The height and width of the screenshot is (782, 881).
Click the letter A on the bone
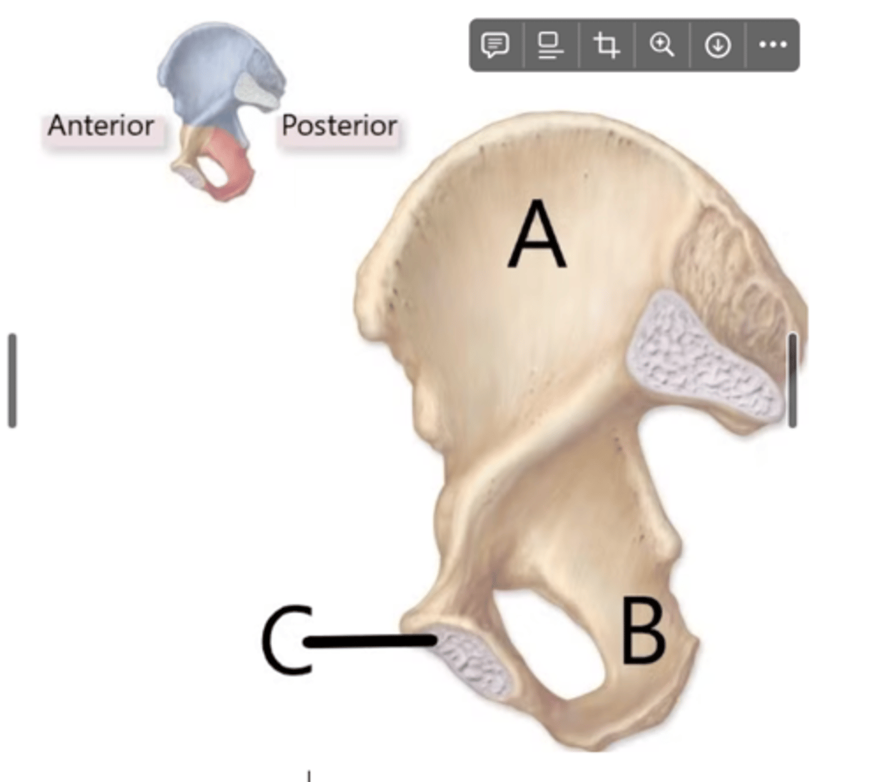pyautogui.click(x=537, y=235)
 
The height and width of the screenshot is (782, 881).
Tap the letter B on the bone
pyautogui.click(x=643, y=631)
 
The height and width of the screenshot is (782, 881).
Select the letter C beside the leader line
pyautogui.click(x=286, y=640)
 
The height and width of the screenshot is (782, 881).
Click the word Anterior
pyautogui.click(x=101, y=126)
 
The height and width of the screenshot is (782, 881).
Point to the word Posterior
pyautogui.click(x=339, y=126)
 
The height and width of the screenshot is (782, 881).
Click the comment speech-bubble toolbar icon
pyautogui.click(x=495, y=45)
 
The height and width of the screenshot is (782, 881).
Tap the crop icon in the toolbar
pyautogui.click(x=606, y=45)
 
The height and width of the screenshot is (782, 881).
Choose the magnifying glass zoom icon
pyautogui.click(x=662, y=45)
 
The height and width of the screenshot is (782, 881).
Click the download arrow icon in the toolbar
pyautogui.click(x=717, y=45)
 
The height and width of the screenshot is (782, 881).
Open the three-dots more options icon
pyautogui.click(x=773, y=45)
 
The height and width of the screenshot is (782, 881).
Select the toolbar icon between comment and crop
pyautogui.click(x=550, y=45)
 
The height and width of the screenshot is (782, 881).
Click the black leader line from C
pyautogui.click(x=368, y=642)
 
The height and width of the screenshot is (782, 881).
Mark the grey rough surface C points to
pyautogui.click(x=473, y=661)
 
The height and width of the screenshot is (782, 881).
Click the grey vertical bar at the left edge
pyautogui.click(x=12, y=381)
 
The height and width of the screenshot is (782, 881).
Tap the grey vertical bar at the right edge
pyautogui.click(x=792, y=381)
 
